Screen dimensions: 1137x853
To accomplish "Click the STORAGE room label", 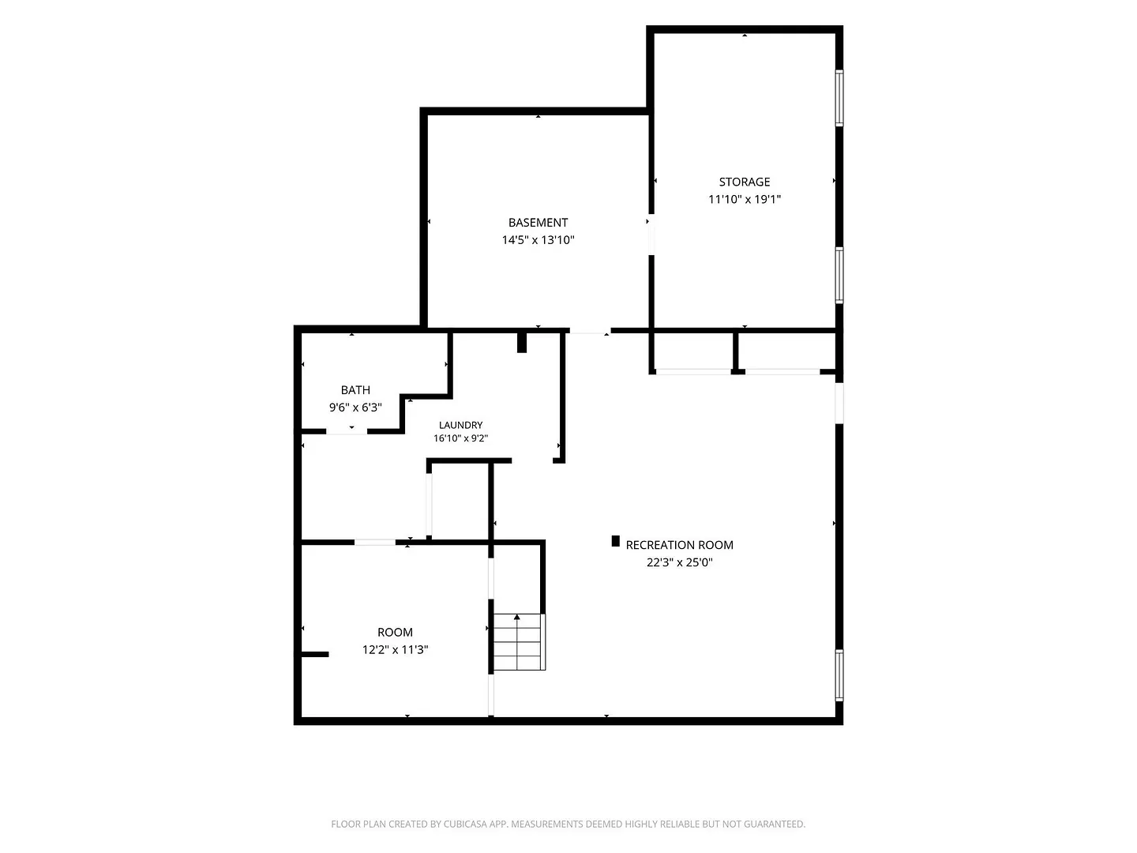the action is click(744, 182).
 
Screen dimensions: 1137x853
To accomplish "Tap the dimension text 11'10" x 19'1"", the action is click(745, 199).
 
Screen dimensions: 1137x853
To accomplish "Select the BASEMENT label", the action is click(538, 223).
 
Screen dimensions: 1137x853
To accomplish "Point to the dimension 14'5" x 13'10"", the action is click(538, 240).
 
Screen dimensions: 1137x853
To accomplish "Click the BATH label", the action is click(355, 390).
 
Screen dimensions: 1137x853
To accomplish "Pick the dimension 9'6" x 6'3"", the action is click(355, 407).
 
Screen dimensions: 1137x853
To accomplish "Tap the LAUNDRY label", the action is click(460, 425).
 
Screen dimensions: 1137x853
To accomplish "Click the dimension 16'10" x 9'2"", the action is click(460, 438).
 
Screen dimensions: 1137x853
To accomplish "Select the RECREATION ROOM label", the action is click(679, 545).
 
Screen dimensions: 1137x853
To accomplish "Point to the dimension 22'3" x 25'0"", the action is click(679, 562).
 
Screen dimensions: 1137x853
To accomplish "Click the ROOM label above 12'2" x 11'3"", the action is click(395, 633).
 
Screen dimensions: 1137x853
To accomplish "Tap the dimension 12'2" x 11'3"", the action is click(395, 649).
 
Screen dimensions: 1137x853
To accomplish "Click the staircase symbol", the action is click(519, 641).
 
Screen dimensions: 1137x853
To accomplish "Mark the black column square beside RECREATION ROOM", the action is click(615, 541).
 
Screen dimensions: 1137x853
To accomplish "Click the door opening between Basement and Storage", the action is click(651, 234).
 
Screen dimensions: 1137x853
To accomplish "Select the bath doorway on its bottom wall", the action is click(347, 431).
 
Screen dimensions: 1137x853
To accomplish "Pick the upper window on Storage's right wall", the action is click(839, 98).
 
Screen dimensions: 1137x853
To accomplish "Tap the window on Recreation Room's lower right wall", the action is click(839, 675).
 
